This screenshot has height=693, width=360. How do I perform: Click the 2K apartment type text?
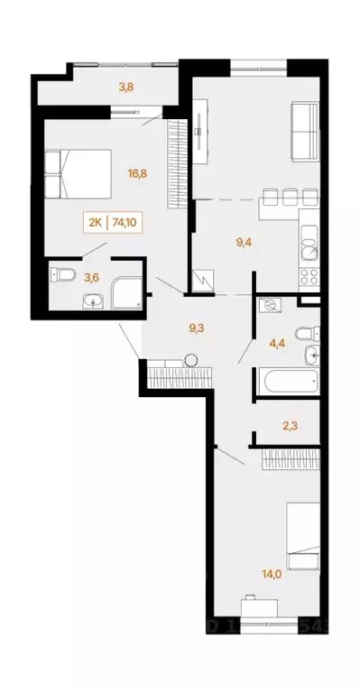[95, 219]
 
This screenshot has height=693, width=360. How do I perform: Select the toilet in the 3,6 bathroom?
[60, 273]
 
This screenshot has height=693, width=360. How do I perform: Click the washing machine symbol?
[269, 306]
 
